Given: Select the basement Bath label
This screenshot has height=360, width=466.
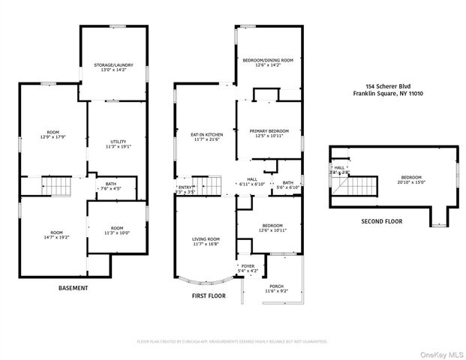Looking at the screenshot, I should pyautogui.click(x=110, y=184).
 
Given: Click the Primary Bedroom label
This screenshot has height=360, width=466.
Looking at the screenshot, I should pyautogui.click(x=269, y=130).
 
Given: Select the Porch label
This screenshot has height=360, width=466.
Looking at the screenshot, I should pyautogui.click(x=276, y=285).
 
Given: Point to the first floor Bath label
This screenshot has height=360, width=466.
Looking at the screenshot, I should pyautogui.click(x=287, y=182).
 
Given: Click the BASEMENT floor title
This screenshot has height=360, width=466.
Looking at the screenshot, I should pyautogui.click(x=74, y=288).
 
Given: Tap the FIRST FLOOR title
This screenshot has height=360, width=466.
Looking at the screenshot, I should pyautogui.click(x=208, y=296).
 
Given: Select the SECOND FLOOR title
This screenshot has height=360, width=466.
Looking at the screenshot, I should pyautogui.click(x=382, y=222).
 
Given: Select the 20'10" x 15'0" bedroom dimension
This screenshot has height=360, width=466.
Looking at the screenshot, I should pyautogui.click(x=410, y=182).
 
